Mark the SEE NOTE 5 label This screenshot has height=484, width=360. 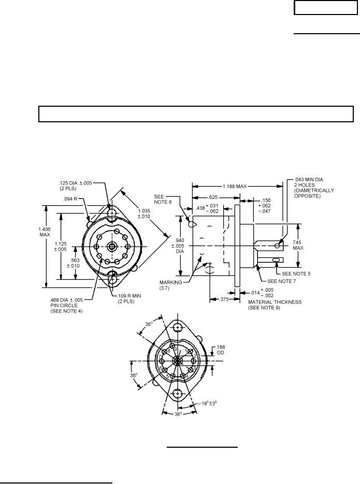coord(296,273)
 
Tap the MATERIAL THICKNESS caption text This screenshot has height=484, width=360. coord(275,301)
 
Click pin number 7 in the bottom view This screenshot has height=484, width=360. coord(161,356)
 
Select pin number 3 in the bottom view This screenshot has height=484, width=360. coord(193,368)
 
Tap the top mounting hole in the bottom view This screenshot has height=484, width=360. coord(178,328)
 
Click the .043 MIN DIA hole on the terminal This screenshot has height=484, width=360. coord(277,245)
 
